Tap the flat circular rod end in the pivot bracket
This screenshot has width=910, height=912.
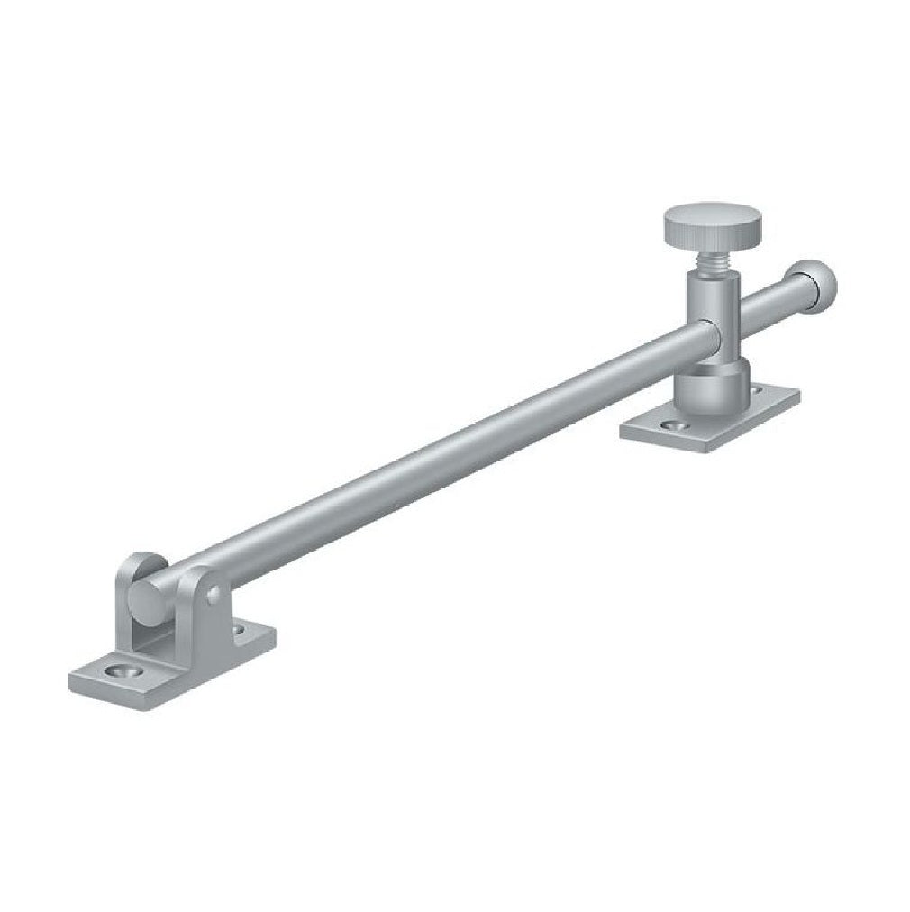click(x=143, y=597)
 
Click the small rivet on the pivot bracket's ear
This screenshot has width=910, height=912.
click(x=214, y=594)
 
